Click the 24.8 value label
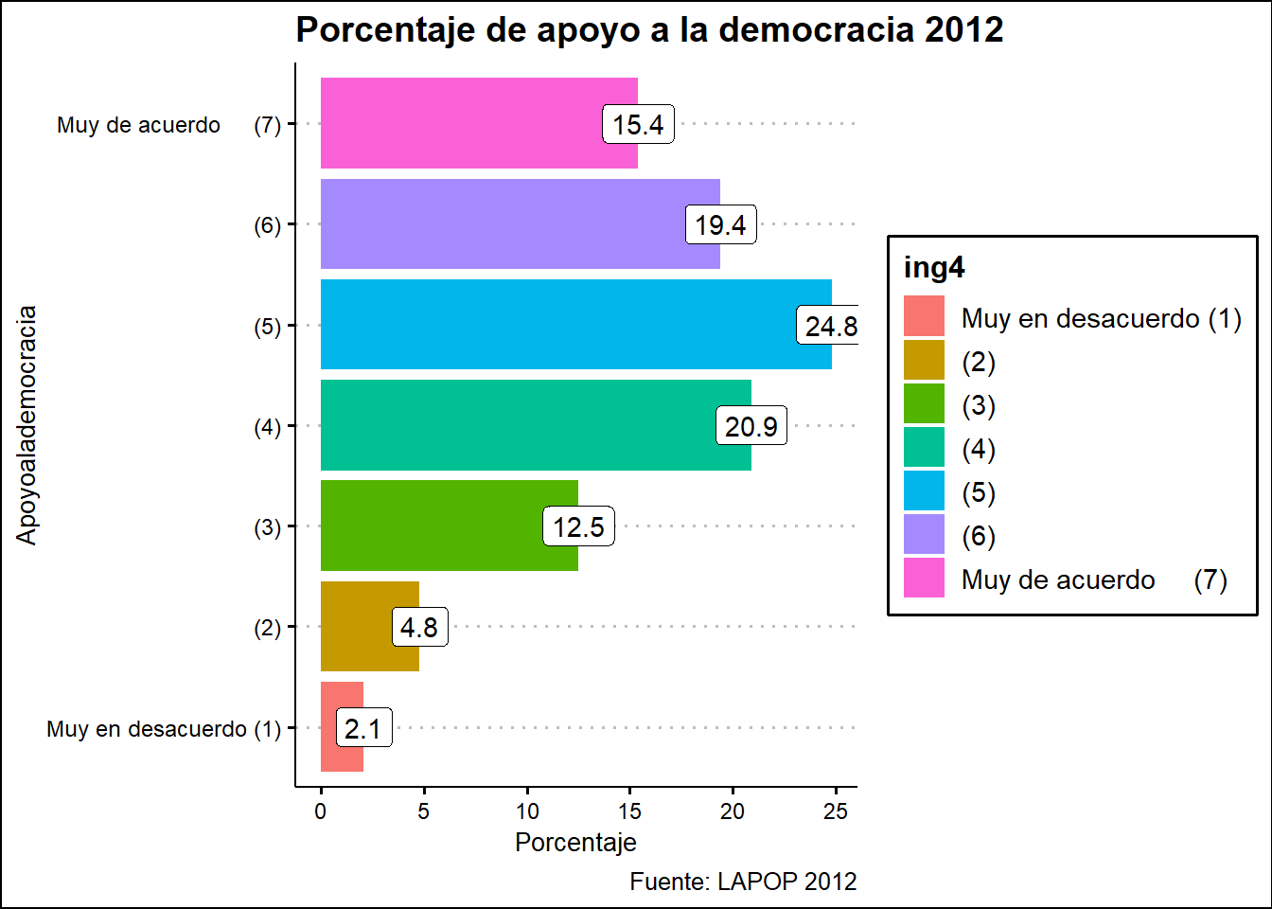click(x=830, y=326)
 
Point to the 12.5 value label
click(x=578, y=526)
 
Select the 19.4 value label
click(x=720, y=224)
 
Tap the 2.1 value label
click(x=363, y=728)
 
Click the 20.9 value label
click(x=751, y=426)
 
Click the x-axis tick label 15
click(x=629, y=811)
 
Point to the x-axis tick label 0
click(x=321, y=811)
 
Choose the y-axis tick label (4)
click(x=267, y=427)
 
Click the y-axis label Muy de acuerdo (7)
click(x=168, y=125)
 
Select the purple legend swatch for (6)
click(x=924, y=534)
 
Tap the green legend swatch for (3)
click(x=924, y=403)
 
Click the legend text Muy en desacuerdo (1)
click(x=1101, y=318)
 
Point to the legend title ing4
click(x=934, y=268)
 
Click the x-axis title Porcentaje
click(x=575, y=842)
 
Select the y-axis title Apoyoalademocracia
click(x=26, y=425)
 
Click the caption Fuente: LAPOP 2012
click(x=743, y=882)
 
